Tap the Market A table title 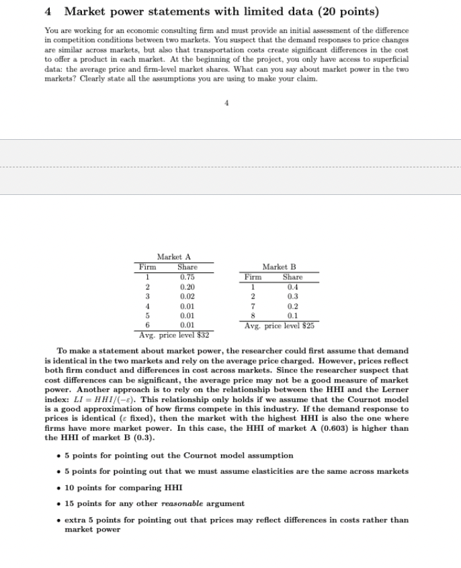pos(174,257)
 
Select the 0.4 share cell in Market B pos(292,286)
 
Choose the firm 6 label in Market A pos(147,325)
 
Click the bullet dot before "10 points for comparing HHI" pos(60,488)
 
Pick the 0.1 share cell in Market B pos(292,315)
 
